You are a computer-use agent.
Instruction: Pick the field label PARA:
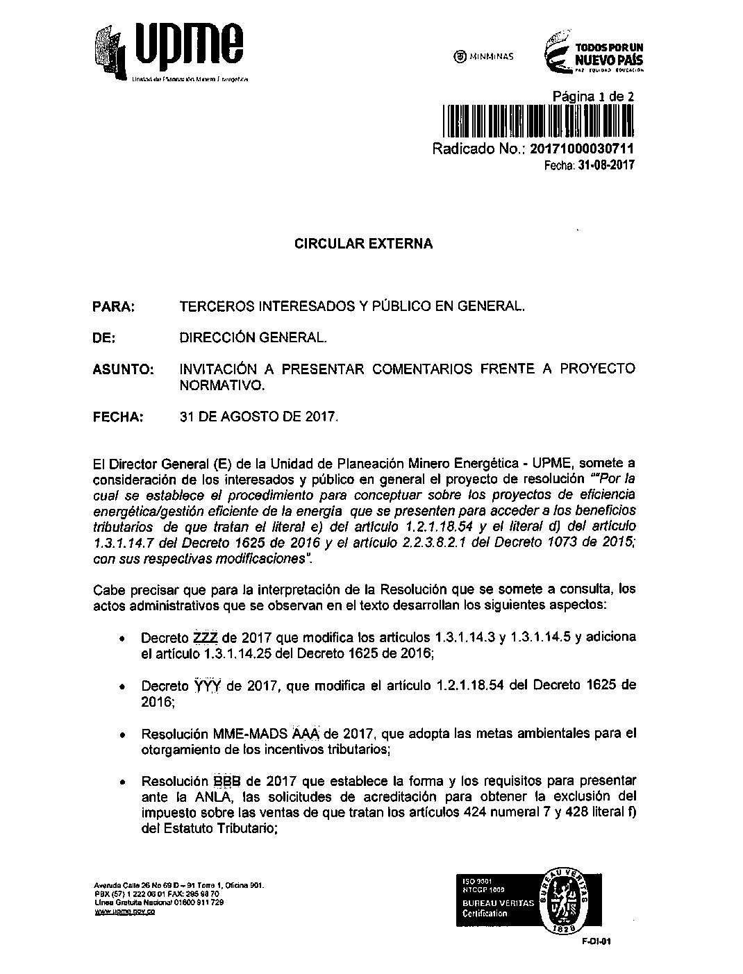pos(113,306)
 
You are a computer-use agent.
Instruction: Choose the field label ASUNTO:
pos(123,369)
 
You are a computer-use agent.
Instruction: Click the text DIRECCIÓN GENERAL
pos(252,338)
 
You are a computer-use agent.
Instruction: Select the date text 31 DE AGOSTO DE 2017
pos(258,417)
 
